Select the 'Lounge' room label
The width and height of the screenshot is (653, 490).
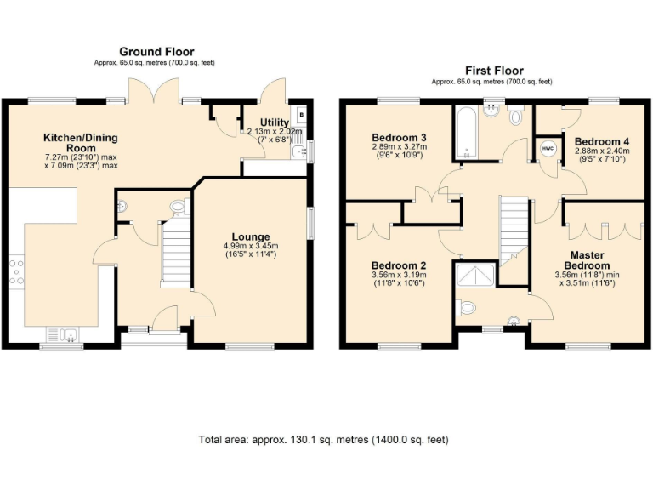251,236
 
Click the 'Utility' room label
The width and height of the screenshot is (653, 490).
275,122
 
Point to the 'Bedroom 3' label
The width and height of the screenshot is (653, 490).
399,137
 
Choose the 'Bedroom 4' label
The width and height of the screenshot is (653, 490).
600,141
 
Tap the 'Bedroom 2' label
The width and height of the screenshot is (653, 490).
399,265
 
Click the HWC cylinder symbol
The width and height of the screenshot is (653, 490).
548,148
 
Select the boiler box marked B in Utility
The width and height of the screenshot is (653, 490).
301,112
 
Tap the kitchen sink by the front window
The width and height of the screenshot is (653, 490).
64,333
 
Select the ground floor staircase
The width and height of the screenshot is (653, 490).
176,253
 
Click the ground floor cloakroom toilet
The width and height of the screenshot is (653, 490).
178,207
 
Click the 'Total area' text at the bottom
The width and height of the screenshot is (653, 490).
323,440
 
